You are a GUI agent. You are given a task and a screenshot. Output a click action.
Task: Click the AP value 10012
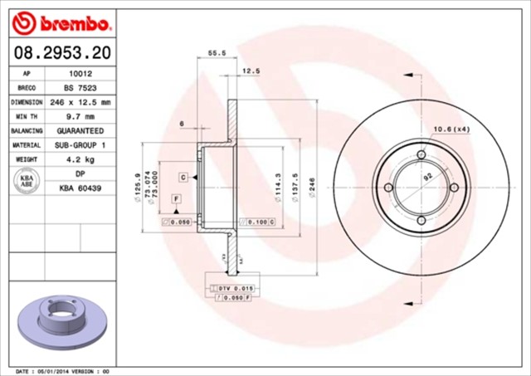pyautogui.click(x=80, y=73)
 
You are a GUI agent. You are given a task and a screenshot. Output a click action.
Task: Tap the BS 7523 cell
pyautogui.click(x=80, y=87)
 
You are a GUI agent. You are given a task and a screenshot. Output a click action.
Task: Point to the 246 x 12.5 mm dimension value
pyautogui.click(x=80, y=102)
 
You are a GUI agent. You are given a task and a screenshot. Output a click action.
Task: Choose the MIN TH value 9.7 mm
pyautogui.click(x=80, y=116)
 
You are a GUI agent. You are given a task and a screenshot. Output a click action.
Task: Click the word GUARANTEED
pyautogui.click(x=80, y=131)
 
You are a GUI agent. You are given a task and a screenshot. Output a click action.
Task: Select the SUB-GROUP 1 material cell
pyautogui.click(x=80, y=145)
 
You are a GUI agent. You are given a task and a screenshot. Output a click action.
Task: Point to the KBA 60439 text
pyautogui.click(x=80, y=189)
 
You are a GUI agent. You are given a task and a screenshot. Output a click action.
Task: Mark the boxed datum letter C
pyautogui.click(x=183, y=178)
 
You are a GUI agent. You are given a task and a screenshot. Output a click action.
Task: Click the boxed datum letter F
pyautogui.click(x=177, y=199)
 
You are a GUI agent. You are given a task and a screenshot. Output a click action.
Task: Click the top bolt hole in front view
pyautogui.click(x=421, y=155)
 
